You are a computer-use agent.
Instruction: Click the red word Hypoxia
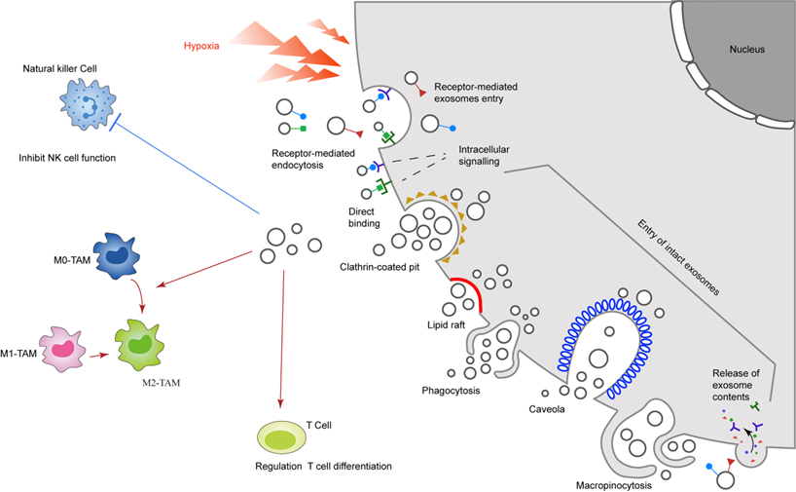pyautogui.click(x=202, y=46)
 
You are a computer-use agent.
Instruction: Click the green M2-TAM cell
pyautogui.click(x=141, y=344)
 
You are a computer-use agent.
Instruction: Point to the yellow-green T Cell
pyautogui.click(x=282, y=435)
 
